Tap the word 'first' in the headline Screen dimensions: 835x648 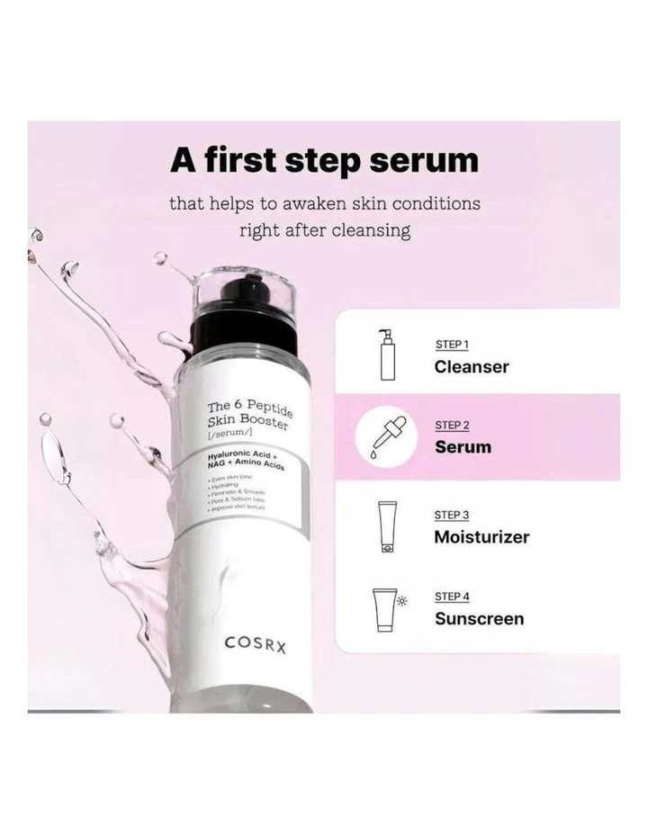point(261,160)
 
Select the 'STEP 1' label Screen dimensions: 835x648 point(452,345)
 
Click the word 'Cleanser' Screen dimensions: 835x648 point(471,367)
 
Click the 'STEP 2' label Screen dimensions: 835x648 point(453,425)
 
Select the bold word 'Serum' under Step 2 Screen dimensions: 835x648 point(463,447)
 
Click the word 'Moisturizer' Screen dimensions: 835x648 point(481,537)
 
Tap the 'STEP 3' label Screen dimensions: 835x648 point(453,515)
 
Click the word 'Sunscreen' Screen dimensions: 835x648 point(479,619)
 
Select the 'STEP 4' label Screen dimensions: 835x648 point(453,597)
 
